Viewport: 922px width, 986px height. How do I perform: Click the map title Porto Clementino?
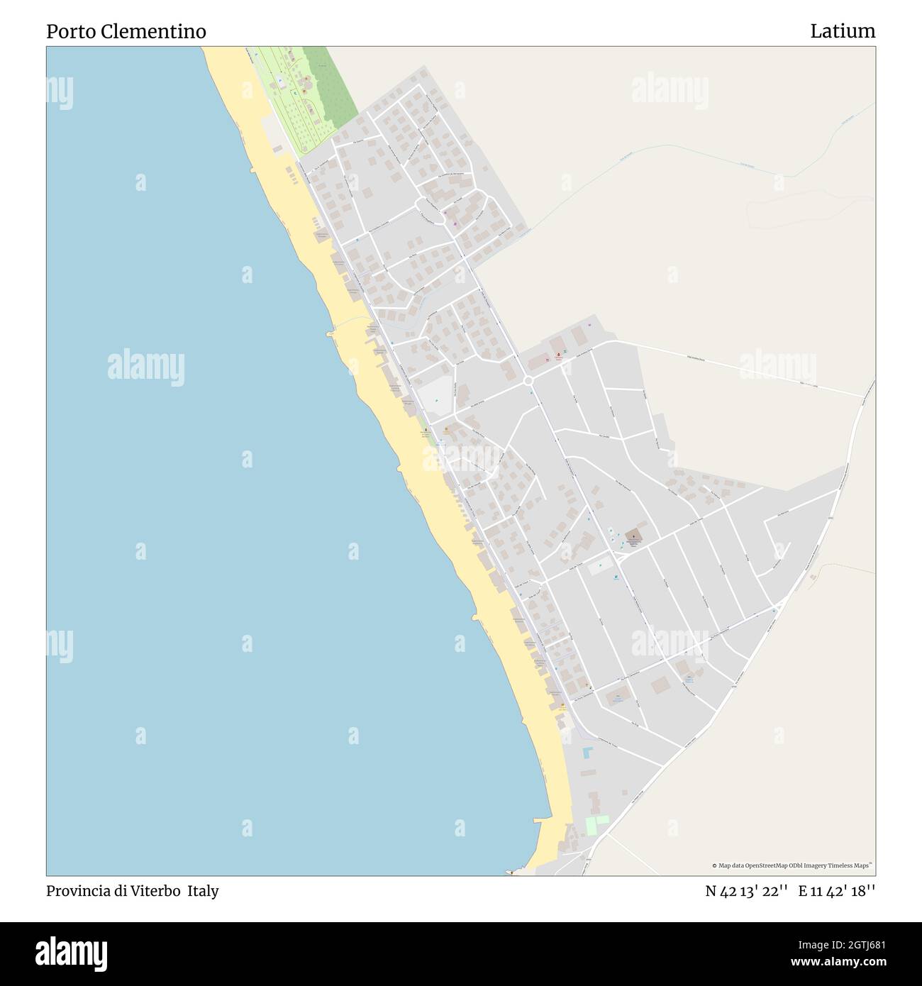(126, 32)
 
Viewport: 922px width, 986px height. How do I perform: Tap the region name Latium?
(843, 32)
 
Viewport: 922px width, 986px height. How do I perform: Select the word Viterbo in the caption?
(155, 891)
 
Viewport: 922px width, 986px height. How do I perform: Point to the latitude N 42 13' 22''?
(745, 891)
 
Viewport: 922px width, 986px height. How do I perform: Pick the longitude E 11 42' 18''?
(836, 891)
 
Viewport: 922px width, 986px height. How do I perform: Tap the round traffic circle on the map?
(528, 382)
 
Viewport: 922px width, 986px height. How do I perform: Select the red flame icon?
(558, 354)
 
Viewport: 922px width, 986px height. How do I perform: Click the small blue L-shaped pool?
(587, 753)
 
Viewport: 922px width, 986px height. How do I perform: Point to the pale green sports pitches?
(596, 824)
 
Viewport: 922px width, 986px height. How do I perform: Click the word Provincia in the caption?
(74, 891)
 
